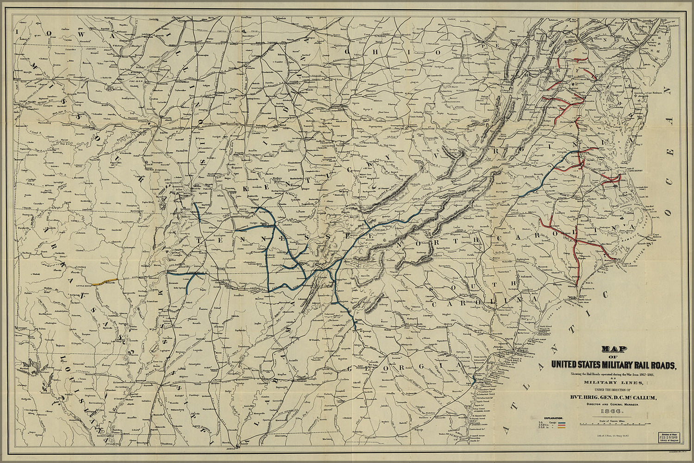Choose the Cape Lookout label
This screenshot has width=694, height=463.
point(625,266)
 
